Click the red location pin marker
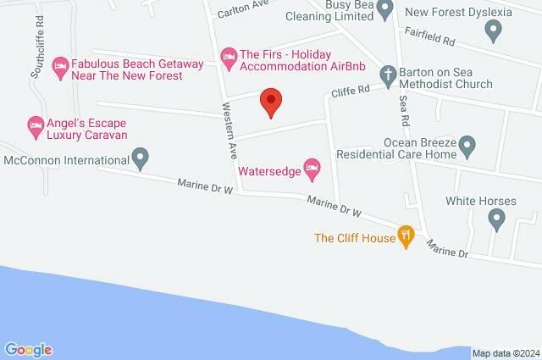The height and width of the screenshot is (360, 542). pos(270,102)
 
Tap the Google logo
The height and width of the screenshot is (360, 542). pos(28,350)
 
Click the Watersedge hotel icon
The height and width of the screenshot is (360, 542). pos(312,170)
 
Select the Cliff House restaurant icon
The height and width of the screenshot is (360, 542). pos(406,238)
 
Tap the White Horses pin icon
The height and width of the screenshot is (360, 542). pos(496,220)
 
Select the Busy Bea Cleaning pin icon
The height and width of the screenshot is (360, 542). pos(384,10)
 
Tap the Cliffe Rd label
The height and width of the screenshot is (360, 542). pos(351,88)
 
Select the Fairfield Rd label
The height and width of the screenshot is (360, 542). pos(431,40)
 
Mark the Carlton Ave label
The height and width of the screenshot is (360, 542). pos(242,12)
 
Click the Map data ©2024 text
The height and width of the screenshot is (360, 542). pos(505,353)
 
